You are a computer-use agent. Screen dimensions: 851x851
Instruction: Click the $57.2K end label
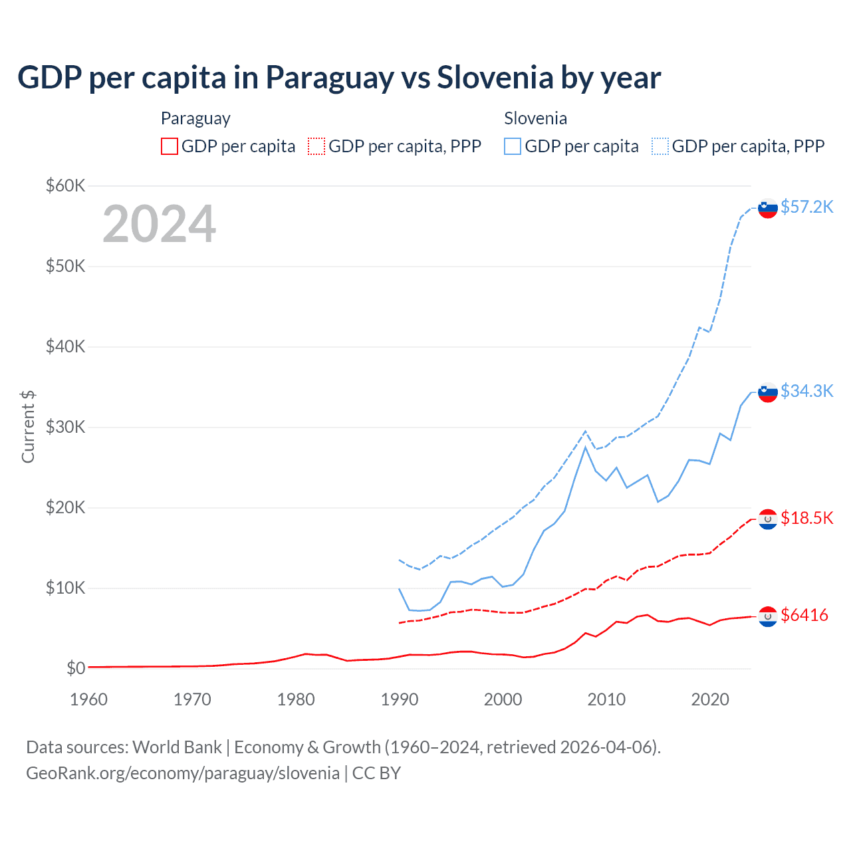pos(806,207)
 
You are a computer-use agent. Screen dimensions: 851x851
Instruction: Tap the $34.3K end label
pos(806,391)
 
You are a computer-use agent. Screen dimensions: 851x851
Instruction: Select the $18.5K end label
pos(806,518)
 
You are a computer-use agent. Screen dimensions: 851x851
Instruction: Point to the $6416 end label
pos(804,615)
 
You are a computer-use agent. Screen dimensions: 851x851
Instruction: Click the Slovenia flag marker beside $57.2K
pos(768,208)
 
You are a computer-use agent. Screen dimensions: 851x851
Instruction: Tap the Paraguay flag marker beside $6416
pos(768,616)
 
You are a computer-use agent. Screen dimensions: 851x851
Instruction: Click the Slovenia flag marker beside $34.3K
pos(768,392)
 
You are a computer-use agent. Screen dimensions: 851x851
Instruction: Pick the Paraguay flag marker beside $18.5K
pos(768,519)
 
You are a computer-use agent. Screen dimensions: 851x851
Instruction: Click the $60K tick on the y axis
pos(65,185)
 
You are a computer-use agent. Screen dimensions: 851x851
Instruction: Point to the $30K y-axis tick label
pos(65,427)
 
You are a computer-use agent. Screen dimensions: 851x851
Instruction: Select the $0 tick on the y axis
pos(76,668)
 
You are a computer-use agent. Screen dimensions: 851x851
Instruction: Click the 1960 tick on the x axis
pos(88,699)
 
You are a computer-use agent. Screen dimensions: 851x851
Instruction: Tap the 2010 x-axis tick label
pos(606,699)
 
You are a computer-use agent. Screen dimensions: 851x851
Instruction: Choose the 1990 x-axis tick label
pos(400,699)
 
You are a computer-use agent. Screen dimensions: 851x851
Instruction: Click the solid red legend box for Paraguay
pos(170,146)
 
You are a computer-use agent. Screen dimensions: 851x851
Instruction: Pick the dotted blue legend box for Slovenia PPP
pos(660,146)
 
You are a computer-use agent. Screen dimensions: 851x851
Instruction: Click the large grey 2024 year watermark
pos(159,224)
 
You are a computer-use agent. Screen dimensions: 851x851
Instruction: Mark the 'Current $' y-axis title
pos(28,427)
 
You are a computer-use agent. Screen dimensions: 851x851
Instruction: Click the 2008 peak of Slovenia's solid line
pos(585,447)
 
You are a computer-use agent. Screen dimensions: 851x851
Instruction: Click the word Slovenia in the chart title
pos(495,77)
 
